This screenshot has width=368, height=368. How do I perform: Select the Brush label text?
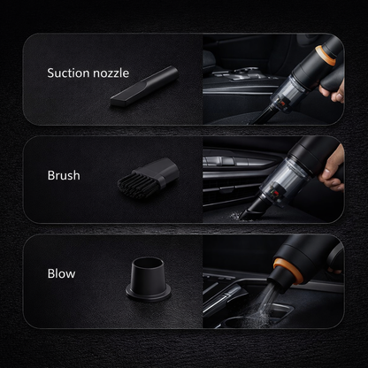click(63, 175)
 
